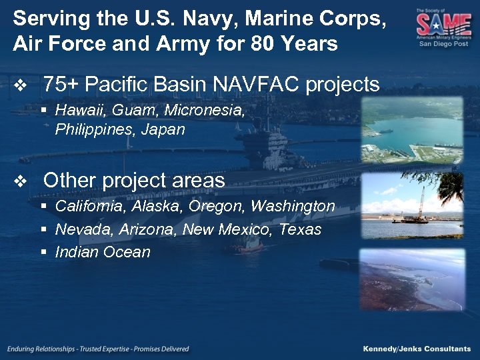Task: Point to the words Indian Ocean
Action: tap(103, 252)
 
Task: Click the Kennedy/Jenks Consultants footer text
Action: tap(417, 349)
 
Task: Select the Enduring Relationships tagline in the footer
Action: tap(99, 349)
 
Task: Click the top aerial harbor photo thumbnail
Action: tap(411, 130)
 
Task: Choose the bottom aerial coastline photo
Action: tap(411, 279)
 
